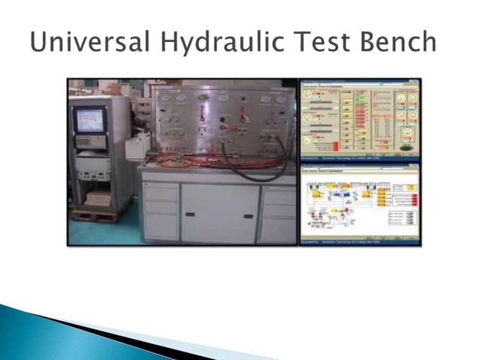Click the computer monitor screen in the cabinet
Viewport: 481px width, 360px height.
click(x=89, y=120)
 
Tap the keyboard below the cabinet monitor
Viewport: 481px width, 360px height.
click(x=91, y=141)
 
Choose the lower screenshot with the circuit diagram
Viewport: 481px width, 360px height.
click(x=360, y=202)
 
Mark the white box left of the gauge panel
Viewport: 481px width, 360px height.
click(x=138, y=147)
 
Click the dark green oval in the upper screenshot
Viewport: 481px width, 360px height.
click(x=408, y=149)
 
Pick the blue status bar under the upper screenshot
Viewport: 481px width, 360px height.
click(x=360, y=160)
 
